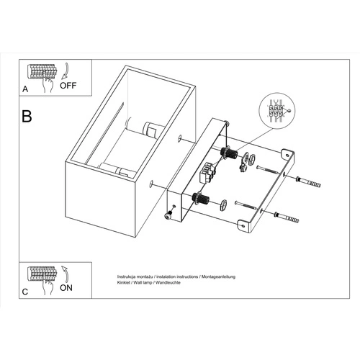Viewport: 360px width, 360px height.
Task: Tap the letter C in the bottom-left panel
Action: click(x=26, y=292)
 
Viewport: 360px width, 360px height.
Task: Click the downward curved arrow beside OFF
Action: click(x=63, y=71)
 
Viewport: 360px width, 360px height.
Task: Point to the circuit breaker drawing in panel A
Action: click(x=42, y=72)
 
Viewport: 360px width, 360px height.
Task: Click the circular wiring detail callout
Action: click(x=276, y=111)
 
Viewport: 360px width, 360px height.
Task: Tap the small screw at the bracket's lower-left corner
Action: click(x=170, y=212)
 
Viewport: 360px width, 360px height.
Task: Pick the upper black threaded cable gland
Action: click(x=231, y=154)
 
